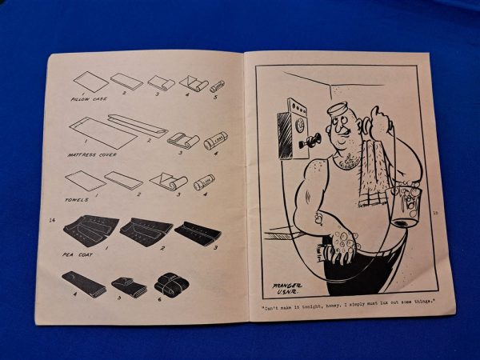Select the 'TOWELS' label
point(79,200)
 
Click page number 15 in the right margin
point(436,213)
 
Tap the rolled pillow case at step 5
point(217,86)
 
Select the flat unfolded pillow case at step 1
point(90,81)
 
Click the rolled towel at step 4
point(204,183)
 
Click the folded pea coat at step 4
point(82,283)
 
